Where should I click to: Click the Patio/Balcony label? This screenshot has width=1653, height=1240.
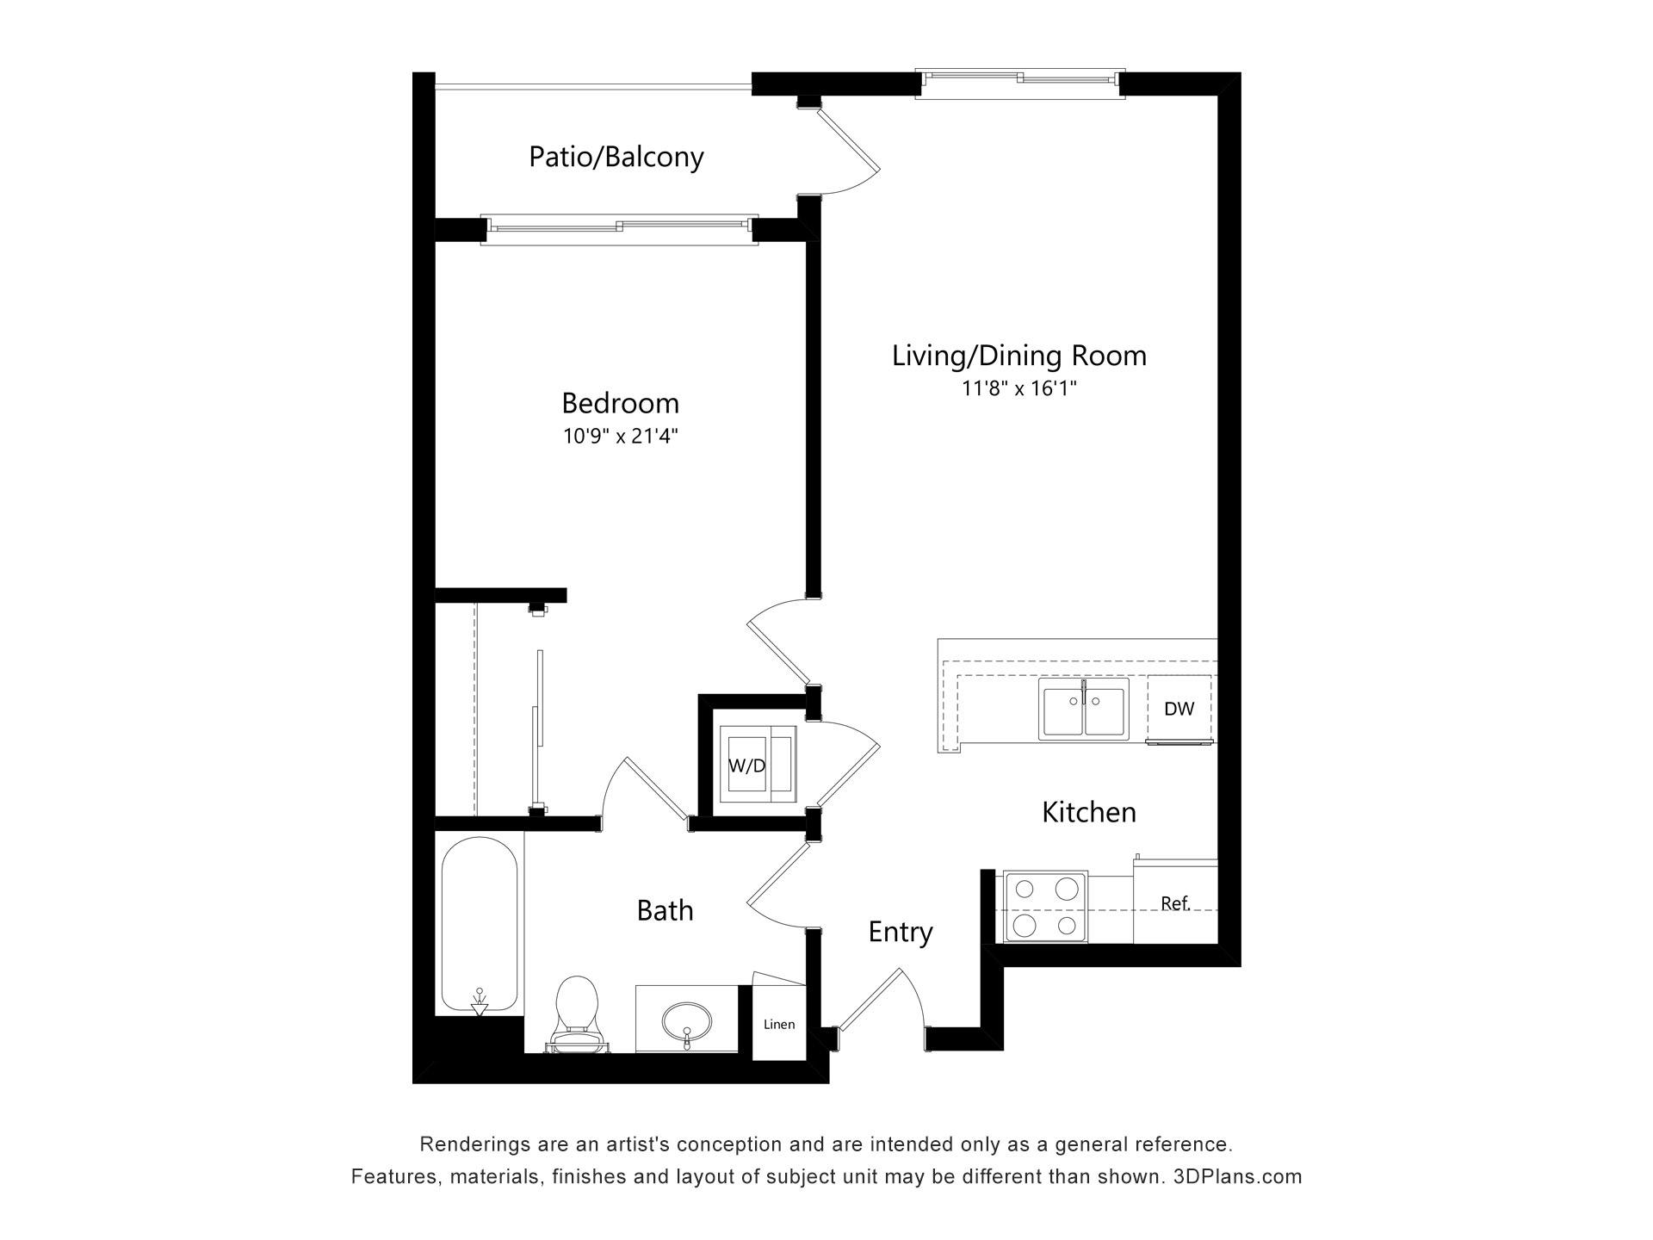616,157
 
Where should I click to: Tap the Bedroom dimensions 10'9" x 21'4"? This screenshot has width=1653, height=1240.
621,437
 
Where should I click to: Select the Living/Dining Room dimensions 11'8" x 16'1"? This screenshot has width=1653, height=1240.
1019,388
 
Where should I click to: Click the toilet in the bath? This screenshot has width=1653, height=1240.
577,1014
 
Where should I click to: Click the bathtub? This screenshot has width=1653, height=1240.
480,927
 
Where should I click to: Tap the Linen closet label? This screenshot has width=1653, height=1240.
779,1024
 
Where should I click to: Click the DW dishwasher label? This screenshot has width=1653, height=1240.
1179,709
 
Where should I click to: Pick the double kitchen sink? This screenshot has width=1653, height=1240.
1084,709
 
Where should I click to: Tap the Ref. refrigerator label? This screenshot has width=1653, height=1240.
1175,903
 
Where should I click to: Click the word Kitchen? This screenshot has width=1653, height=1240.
1089,812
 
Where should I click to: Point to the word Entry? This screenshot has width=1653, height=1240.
901,933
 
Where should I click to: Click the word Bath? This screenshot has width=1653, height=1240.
665,910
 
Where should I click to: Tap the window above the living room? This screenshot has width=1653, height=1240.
1020,80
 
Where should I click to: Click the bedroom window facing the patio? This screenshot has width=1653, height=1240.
619,228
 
